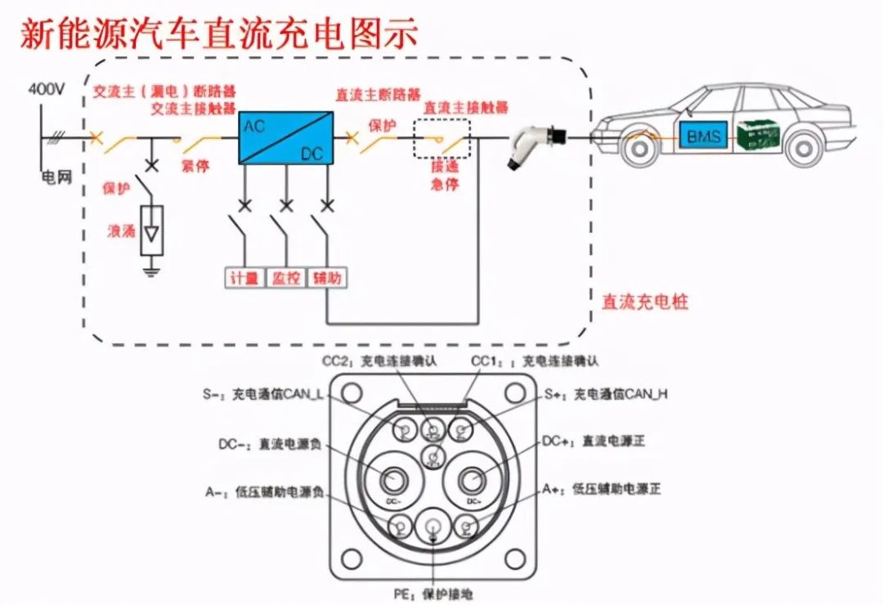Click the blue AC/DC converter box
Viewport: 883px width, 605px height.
(285, 137)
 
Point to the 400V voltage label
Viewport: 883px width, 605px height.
(46, 89)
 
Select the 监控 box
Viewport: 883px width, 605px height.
(285, 279)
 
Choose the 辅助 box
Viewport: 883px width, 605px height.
(326, 279)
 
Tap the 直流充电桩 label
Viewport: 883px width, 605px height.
(644, 302)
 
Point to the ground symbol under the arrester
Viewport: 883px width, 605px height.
(152, 269)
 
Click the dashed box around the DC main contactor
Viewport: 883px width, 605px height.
(441, 138)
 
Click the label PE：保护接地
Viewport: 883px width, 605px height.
(432, 594)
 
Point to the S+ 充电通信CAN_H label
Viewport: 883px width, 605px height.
(606, 394)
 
